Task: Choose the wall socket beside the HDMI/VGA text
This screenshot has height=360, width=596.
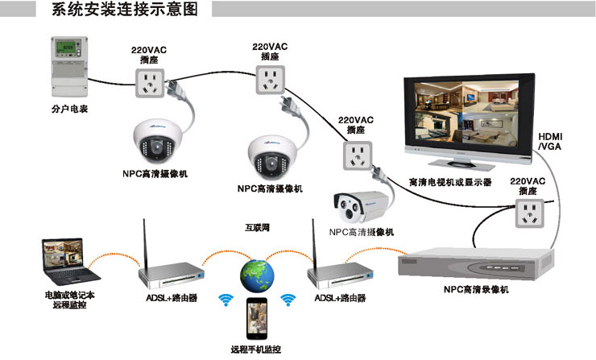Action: tap(529, 213)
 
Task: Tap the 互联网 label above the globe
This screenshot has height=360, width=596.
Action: tap(257, 228)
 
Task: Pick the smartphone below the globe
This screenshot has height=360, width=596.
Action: tap(257, 318)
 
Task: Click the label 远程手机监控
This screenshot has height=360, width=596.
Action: tap(256, 350)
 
